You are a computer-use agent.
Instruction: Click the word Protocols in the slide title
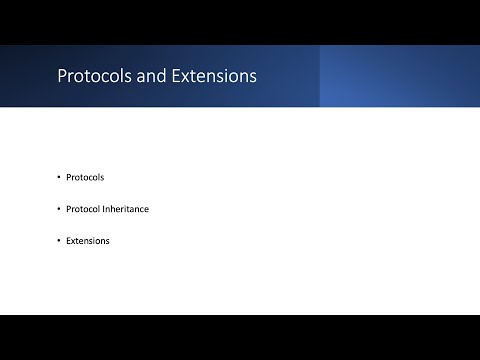(x=91, y=76)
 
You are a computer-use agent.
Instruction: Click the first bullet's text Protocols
(x=85, y=177)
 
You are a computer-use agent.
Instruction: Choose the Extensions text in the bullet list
(x=88, y=241)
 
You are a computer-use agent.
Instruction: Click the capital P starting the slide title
(x=62, y=76)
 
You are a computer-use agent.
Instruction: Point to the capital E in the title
(x=168, y=76)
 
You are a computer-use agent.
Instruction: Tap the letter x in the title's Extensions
(x=177, y=77)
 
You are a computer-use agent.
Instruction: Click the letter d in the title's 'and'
(x=155, y=76)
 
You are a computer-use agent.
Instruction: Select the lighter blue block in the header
(x=399, y=76)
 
